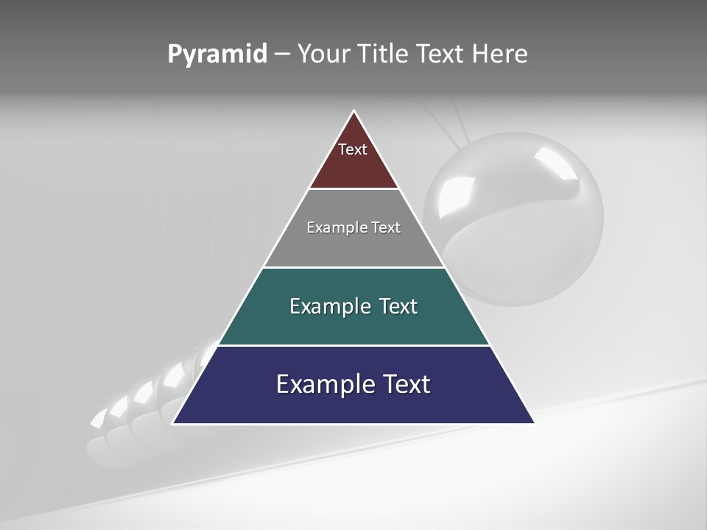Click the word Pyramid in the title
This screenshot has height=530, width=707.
point(217,54)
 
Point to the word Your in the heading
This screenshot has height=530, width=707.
point(323,54)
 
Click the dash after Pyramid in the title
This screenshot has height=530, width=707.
point(281,54)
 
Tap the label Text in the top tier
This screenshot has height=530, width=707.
point(353,149)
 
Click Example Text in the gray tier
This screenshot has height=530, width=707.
point(353,227)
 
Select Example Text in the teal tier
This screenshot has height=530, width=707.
point(353,306)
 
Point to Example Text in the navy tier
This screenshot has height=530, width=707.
point(353,384)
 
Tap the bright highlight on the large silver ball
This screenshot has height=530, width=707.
point(556,162)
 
